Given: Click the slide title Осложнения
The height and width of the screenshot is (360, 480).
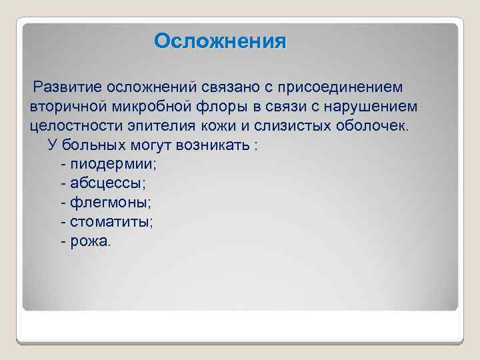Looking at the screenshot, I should tap(220, 41).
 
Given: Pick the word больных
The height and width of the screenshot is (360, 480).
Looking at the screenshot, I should tap(95, 145).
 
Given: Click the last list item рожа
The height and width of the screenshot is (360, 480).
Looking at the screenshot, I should tap(90, 241).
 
